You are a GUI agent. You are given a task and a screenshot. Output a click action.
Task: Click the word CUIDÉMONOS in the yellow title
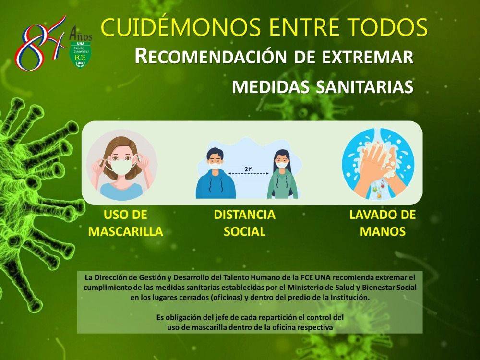tap(181, 27)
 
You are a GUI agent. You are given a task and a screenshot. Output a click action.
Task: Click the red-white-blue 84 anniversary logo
tap(40, 43)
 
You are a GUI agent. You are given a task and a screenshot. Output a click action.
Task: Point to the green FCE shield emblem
tap(81, 55)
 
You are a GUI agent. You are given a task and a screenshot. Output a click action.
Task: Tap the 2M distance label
tap(248, 168)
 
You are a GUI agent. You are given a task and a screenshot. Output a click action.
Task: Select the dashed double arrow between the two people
tap(249, 174)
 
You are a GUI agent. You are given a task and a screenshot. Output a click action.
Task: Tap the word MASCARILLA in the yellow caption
tap(125, 231)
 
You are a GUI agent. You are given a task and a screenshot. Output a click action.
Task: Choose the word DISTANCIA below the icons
tap(245, 215)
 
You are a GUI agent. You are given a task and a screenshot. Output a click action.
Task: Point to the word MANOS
tap(383, 231)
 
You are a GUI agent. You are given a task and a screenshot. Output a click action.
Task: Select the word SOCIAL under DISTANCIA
tap(244, 231)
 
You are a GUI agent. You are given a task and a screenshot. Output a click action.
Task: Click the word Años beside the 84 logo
tap(81, 34)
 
